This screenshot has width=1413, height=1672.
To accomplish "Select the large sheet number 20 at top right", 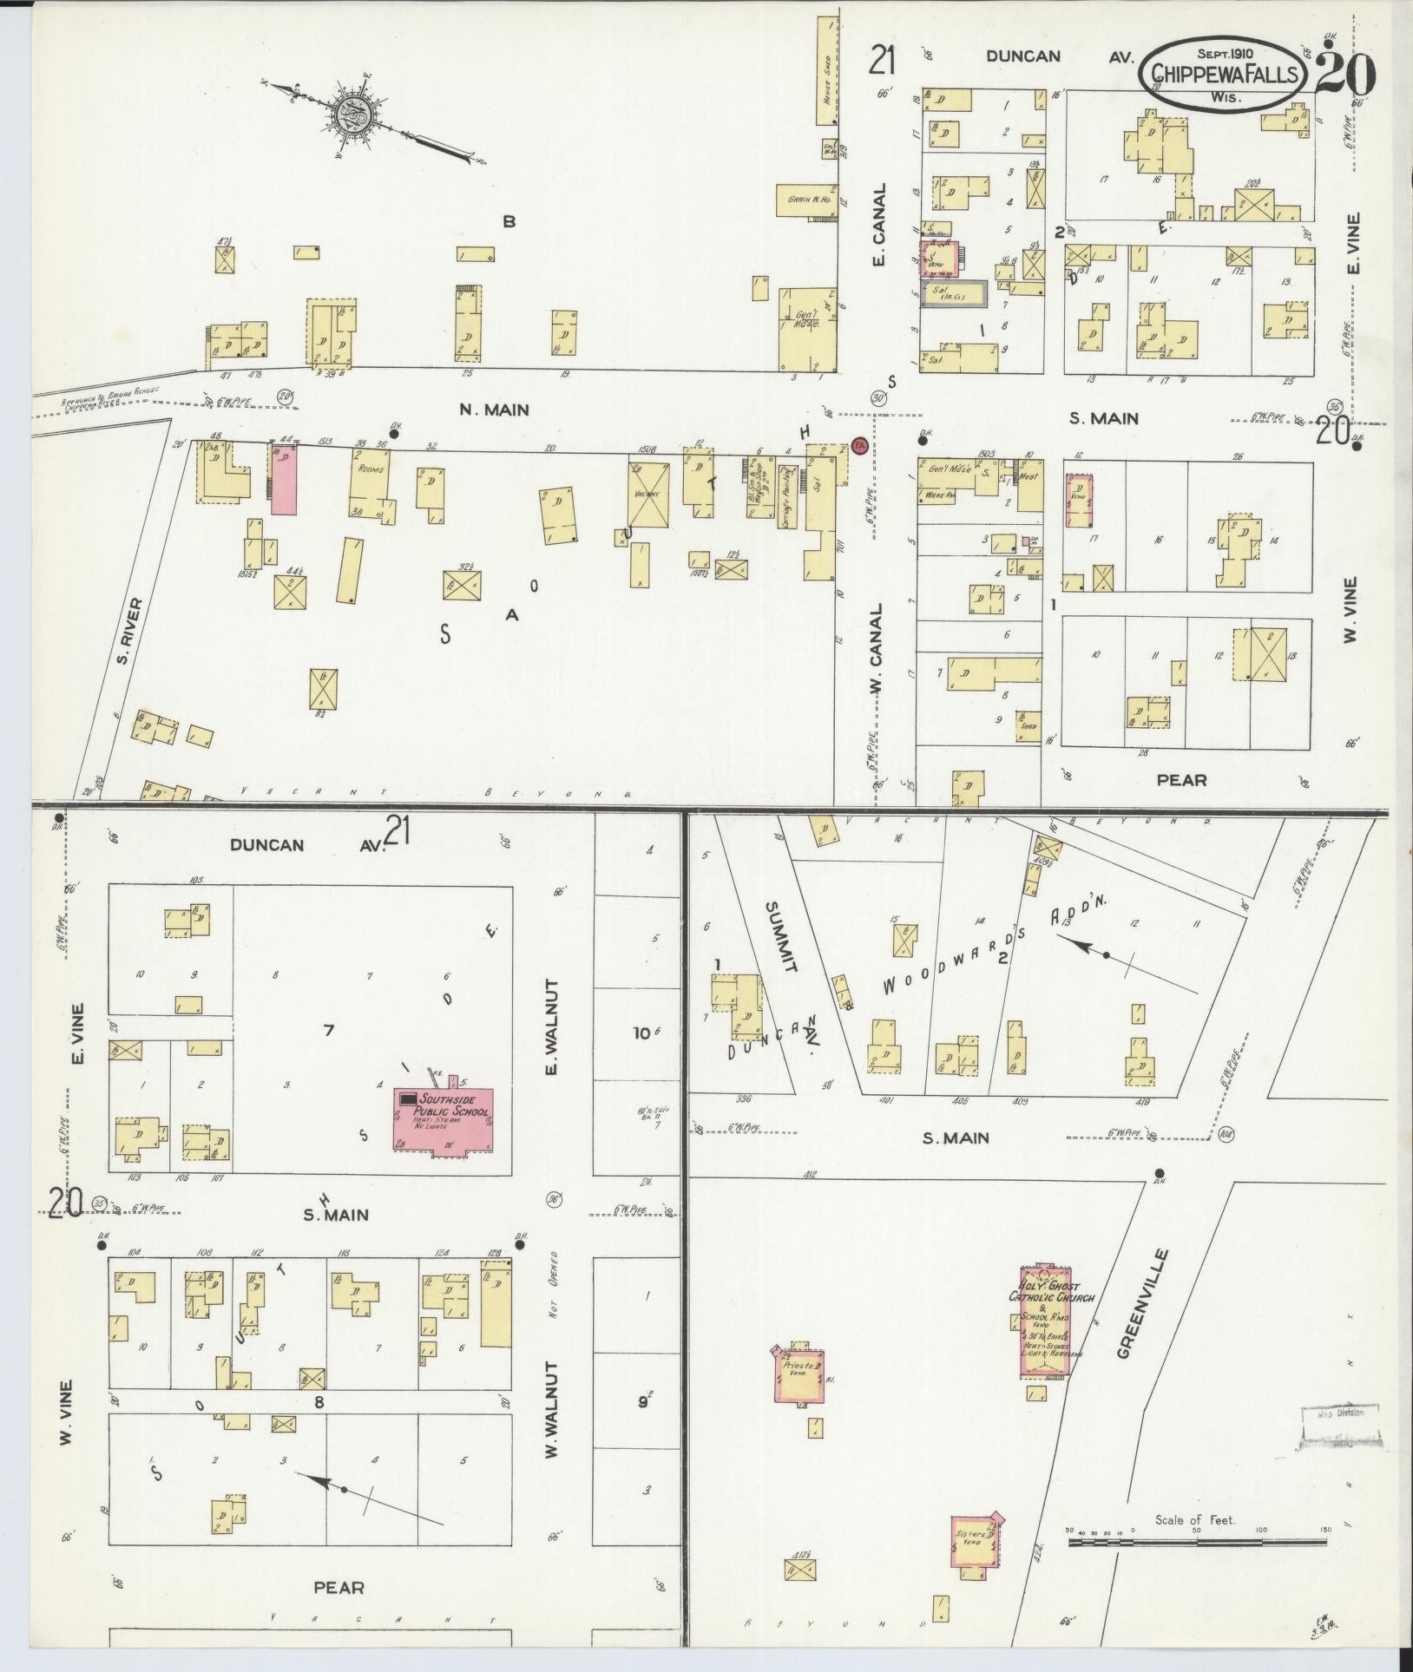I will click(1344, 75).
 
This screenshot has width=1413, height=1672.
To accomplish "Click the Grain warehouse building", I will click(806, 200).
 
